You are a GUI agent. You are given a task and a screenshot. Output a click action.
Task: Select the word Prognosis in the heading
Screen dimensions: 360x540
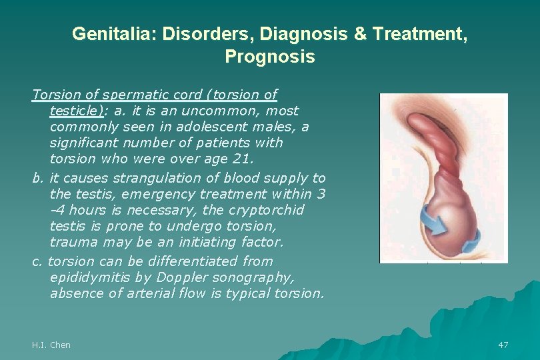(x=270, y=57)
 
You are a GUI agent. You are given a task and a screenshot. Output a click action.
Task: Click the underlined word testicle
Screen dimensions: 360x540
(x=75, y=111)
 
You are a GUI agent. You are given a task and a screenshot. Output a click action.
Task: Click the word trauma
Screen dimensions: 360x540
(x=74, y=242)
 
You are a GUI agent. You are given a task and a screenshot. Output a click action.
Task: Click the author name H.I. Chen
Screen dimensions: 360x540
(x=51, y=345)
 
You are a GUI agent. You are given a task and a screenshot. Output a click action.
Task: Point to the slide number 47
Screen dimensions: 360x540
(x=503, y=345)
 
